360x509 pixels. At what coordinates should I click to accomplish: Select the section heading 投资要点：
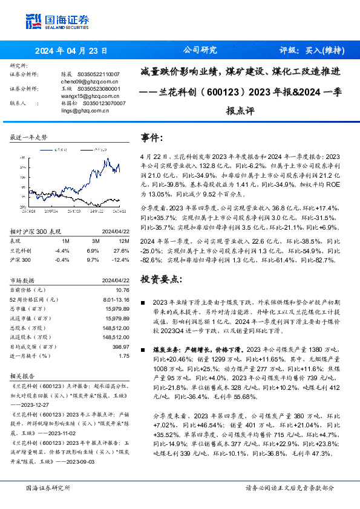tap(160, 279)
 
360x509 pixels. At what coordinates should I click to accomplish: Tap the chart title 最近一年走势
tap(29, 138)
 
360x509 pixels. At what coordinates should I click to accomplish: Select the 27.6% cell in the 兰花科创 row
tap(122, 250)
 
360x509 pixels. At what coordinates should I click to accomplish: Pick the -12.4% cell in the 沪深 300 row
tap(122, 259)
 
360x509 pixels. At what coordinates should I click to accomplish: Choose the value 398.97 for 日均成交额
tap(120, 346)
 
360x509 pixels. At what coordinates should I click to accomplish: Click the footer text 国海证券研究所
tap(48, 488)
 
